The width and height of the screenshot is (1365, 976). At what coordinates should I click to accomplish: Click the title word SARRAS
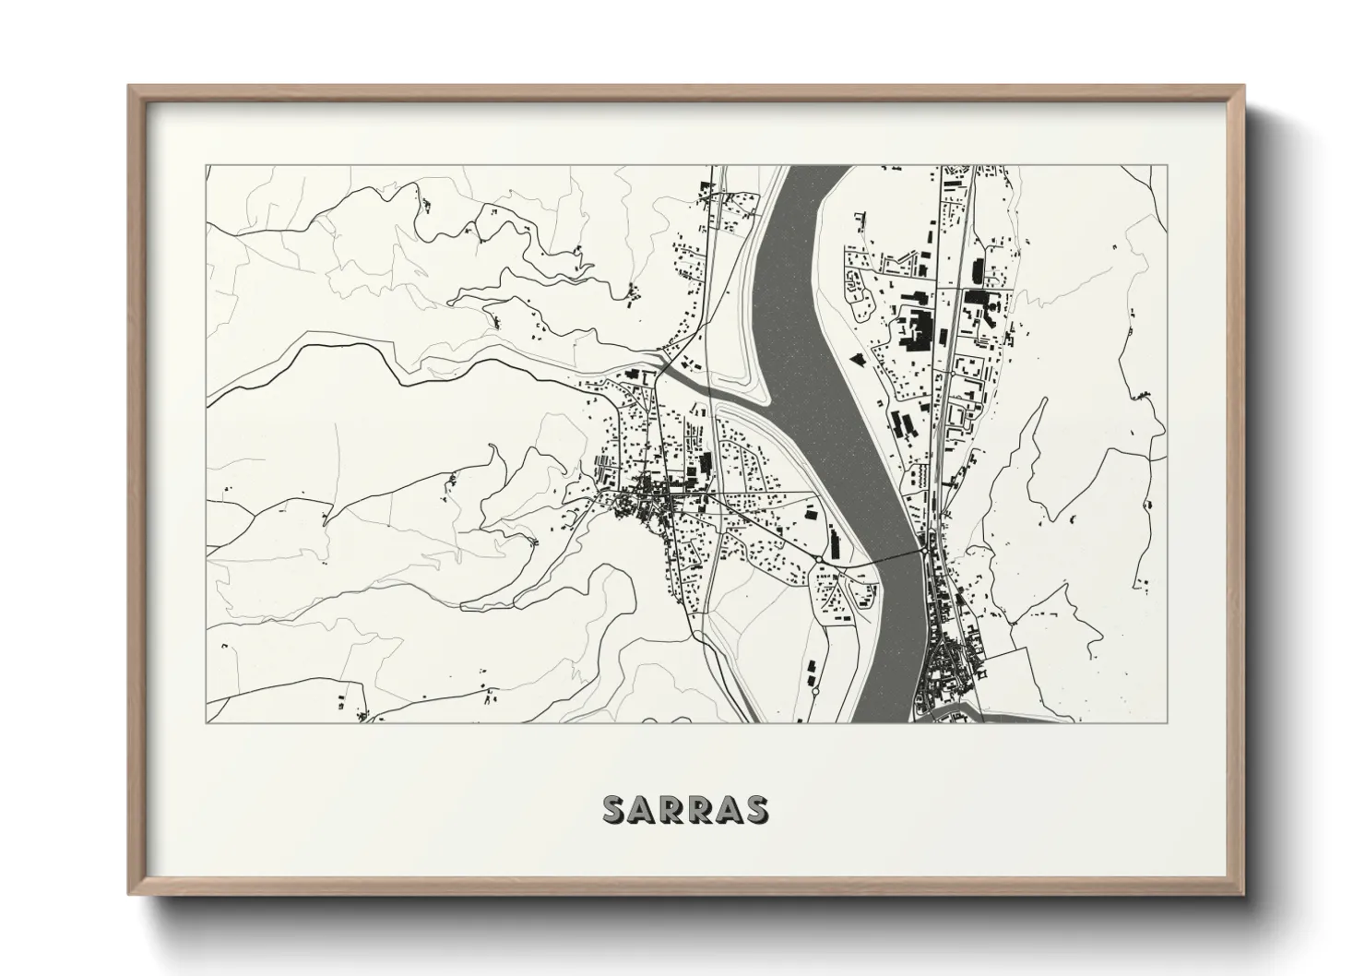point(683,809)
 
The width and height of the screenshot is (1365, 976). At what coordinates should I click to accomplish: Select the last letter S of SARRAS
point(755,809)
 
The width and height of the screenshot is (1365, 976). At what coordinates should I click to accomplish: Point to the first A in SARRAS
point(642,809)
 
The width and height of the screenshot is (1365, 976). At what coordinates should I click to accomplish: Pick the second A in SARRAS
point(727,809)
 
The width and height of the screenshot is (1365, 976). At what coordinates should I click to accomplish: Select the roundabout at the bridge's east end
point(921,551)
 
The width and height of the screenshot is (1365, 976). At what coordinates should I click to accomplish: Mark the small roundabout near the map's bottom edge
point(815,690)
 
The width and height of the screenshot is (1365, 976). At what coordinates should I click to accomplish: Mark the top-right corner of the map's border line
point(1167,166)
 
